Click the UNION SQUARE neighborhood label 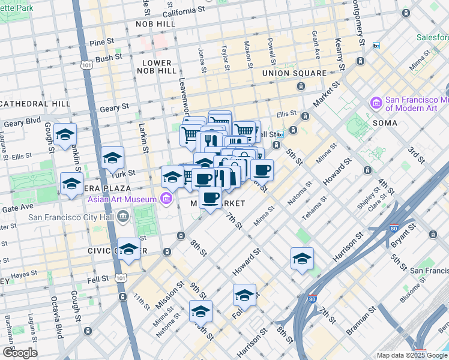tap(294, 73)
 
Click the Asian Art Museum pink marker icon tap(166, 199)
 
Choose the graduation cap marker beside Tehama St tap(302, 259)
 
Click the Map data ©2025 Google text tap(412, 355)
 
